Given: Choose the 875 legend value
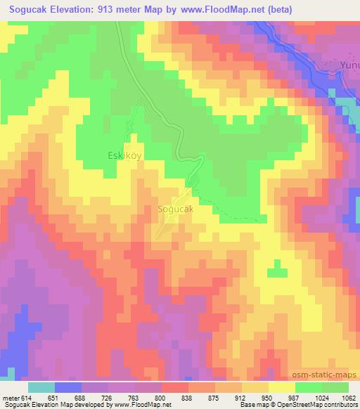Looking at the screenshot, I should [214, 397].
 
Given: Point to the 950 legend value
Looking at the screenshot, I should [267, 397].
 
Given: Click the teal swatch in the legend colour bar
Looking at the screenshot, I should [41, 387].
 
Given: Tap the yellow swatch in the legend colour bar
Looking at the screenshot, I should [281, 387].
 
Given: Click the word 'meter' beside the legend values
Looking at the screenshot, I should [11, 397].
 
